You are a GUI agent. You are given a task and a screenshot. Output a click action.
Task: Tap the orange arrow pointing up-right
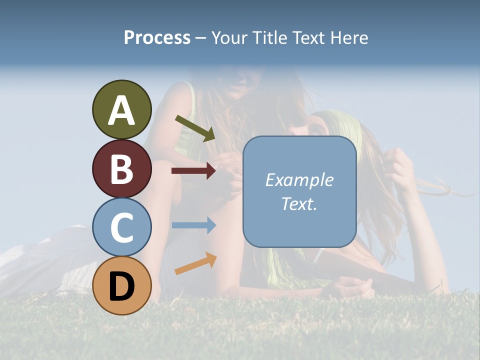195,263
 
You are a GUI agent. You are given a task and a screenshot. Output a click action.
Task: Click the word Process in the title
157,38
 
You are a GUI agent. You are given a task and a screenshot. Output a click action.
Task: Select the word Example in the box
299,180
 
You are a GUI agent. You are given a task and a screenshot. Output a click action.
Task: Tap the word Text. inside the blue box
299,203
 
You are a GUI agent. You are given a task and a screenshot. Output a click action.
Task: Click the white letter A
121,110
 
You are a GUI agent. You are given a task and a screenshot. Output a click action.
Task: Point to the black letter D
121,286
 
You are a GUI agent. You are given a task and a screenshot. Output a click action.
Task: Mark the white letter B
121,169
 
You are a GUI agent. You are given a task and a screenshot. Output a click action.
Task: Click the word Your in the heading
229,38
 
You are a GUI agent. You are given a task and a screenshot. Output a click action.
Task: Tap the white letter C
121,228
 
